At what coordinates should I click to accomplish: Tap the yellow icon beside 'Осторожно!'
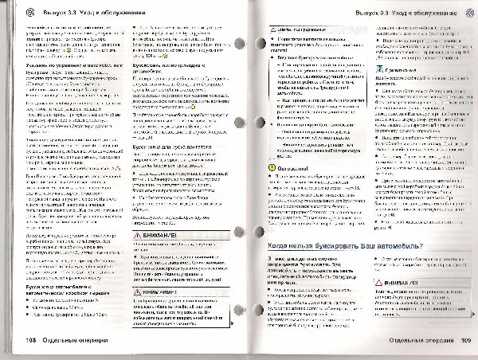[272, 168]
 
